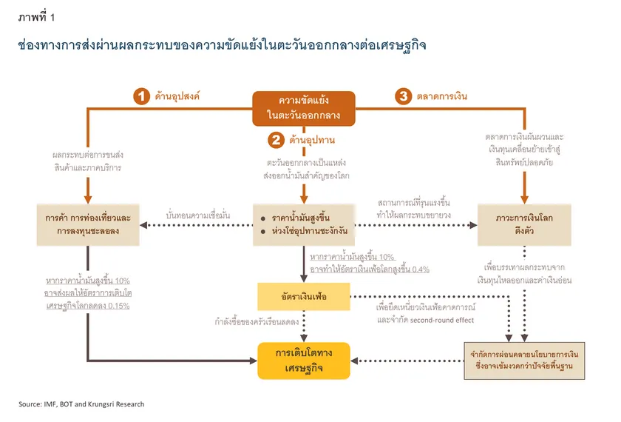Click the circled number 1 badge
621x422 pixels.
pos(141,96)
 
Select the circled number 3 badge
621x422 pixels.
pos(403,96)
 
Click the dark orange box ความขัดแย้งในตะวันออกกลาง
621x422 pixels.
pos(304,108)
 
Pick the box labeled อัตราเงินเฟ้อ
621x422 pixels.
pos(304,297)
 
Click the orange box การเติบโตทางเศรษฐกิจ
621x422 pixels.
pos(304,361)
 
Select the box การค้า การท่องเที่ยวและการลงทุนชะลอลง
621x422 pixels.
pos(88,225)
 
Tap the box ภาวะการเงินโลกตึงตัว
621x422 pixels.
pos(525,225)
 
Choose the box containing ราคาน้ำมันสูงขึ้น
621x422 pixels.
pos(304,225)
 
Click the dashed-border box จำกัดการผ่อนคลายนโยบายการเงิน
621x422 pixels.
pos(524,361)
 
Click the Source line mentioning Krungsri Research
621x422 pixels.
pos(81,404)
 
